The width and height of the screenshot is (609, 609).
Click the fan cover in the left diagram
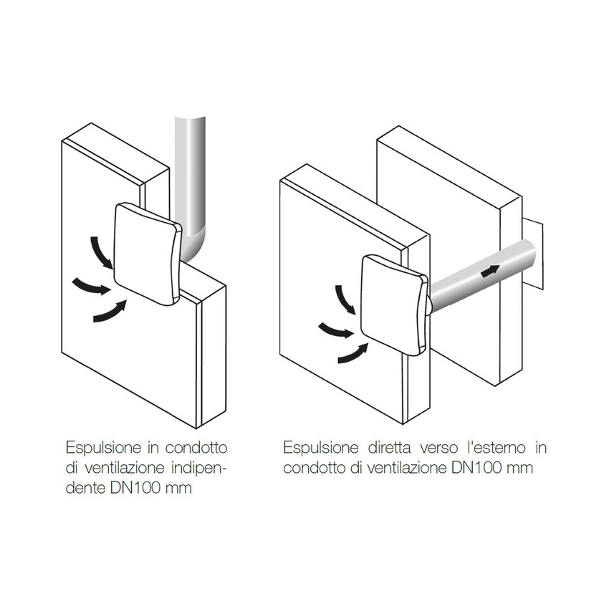point(147,254)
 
